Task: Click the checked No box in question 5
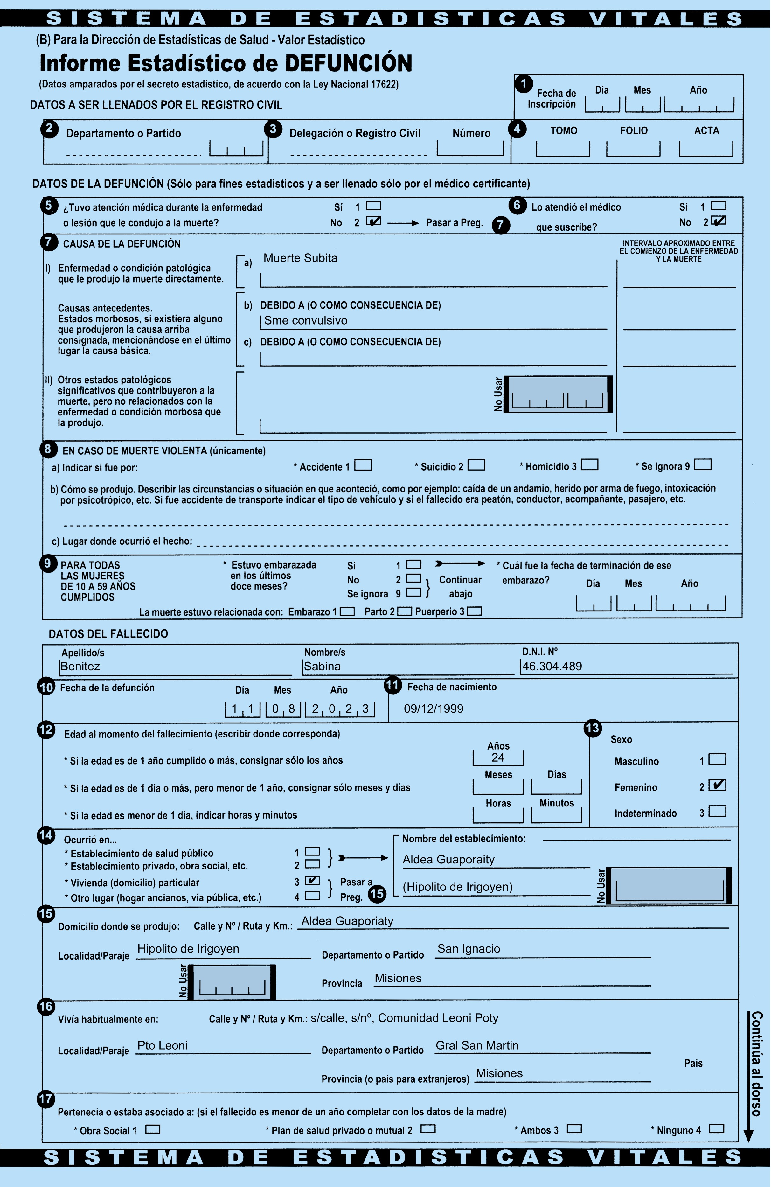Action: [x=373, y=221]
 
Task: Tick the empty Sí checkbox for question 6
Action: [x=718, y=206]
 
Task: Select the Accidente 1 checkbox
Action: [x=363, y=465]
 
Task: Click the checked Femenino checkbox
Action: [x=717, y=785]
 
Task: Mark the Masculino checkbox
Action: [x=717, y=759]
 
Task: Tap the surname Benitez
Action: [x=80, y=666]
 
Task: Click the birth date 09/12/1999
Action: [x=434, y=709]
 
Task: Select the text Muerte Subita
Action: [x=300, y=258]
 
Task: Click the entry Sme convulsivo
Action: [x=306, y=321]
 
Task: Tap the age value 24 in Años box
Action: [x=498, y=758]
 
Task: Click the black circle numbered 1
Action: [x=524, y=83]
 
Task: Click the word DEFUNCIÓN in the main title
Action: [x=349, y=63]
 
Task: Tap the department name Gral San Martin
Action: [x=477, y=1045]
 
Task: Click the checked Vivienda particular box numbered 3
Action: [x=312, y=880]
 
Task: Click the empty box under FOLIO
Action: [x=633, y=149]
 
